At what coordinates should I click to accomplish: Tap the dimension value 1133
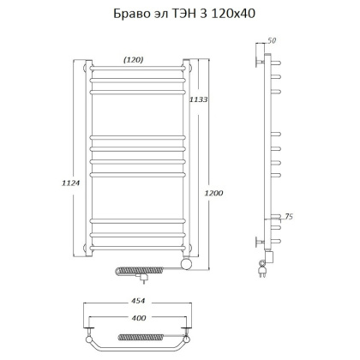click(x=201, y=99)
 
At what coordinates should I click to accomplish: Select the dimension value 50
click(x=273, y=39)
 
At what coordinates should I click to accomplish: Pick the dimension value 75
click(x=290, y=218)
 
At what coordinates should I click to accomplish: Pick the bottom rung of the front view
click(x=137, y=249)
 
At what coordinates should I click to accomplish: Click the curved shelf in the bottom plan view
click(x=137, y=344)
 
